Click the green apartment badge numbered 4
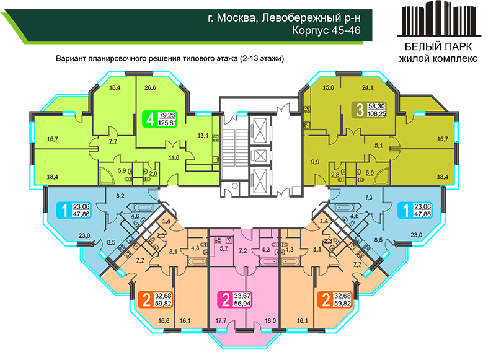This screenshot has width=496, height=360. pos(159,119)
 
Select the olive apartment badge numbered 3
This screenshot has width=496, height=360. pos(370,110)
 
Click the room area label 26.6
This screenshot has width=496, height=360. pos(150,87)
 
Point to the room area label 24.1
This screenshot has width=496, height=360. pos(367,87)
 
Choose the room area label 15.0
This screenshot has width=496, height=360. pos(328,87)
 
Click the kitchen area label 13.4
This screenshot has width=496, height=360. pos(203,136)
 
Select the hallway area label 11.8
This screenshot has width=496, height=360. pos(174,157)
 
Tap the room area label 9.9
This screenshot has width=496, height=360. pos(315,162)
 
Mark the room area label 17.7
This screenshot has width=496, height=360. pos(221,321)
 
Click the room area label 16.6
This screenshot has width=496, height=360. pos(164,321)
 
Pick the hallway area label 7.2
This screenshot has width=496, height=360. pos(242,252)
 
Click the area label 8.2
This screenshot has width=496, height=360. pos(120,196)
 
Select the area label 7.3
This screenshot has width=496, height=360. pos(369,198)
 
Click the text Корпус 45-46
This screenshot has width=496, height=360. pos(326,30)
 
